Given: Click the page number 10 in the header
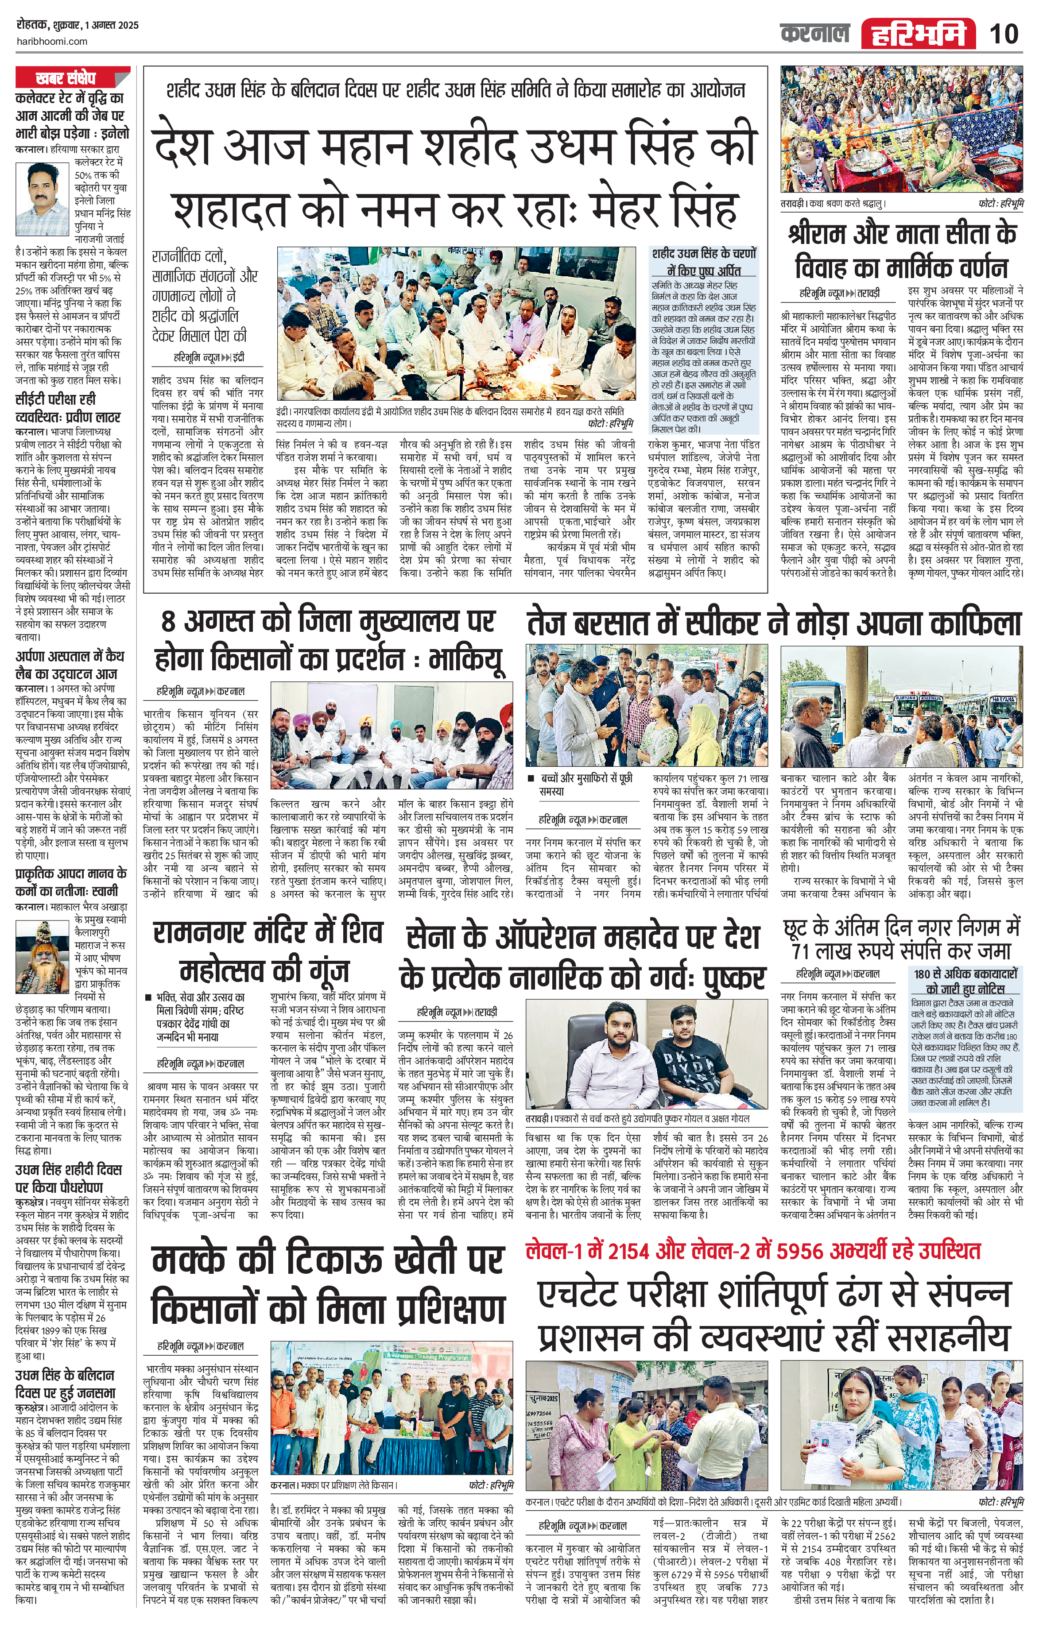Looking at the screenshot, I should (1004, 34).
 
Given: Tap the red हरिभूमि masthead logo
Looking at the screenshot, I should (918, 34).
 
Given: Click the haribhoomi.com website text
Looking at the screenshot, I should (52, 41).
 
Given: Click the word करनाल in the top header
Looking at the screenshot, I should (814, 34).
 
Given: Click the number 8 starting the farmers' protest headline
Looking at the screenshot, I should (169, 622).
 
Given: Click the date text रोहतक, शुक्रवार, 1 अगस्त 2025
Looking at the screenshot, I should (78, 25).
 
